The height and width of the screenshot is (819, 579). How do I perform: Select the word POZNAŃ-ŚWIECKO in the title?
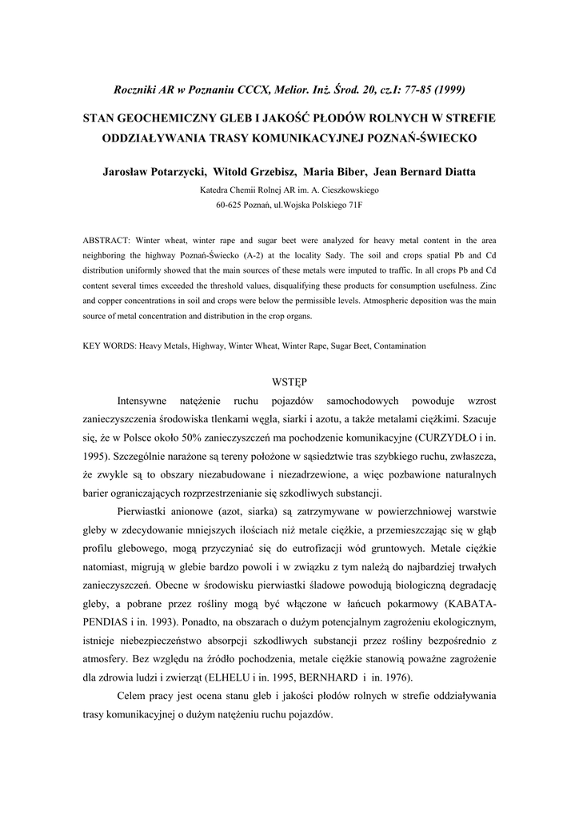[423, 138]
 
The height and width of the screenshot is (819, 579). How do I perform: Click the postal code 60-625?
[232, 206]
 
